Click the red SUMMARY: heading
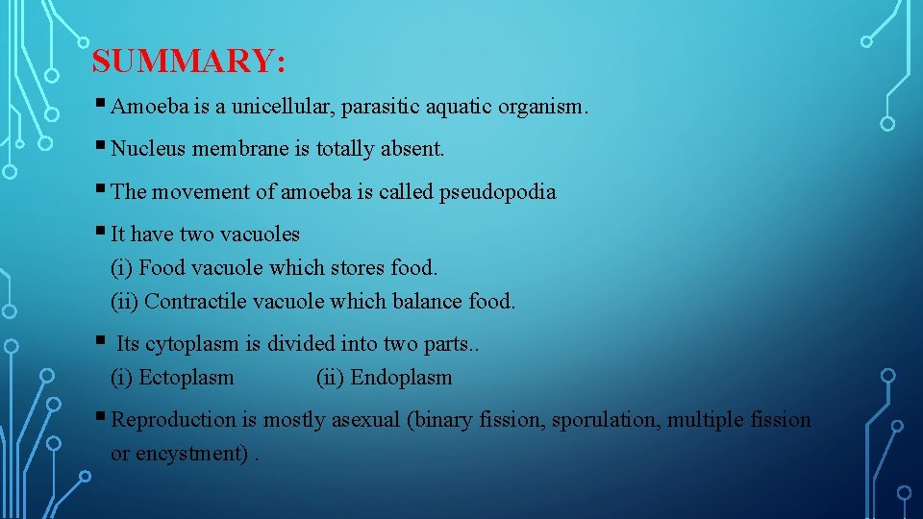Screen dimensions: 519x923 point(188,62)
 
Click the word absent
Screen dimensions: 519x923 point(412,149)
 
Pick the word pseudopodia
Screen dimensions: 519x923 point(497,192)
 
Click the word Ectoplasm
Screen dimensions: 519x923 point(186,377)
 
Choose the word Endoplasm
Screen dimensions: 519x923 point(401,377)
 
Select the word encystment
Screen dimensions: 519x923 point(193,453)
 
